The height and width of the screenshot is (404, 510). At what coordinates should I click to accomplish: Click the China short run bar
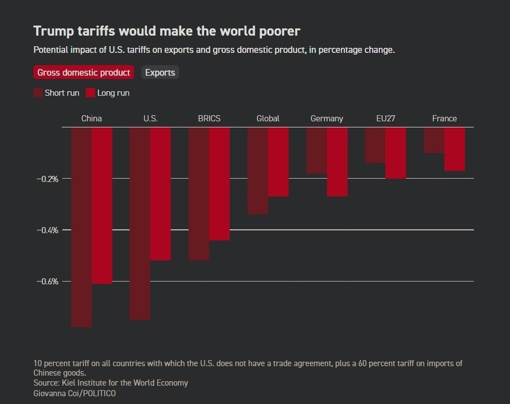tap(81, 226)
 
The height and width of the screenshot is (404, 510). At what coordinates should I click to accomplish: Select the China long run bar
tap(102, 205)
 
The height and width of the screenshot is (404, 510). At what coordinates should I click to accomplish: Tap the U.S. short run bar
tap(140, 223)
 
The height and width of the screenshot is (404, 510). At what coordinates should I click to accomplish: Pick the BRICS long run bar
tap(219, 184)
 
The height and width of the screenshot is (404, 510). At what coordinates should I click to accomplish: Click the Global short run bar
tap(258, 170)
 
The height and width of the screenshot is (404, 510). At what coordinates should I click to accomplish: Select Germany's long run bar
tap(337, 161)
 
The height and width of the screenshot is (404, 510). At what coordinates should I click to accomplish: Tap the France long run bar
tap(454, 149)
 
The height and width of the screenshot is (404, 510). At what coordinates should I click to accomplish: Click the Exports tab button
tap(160, 72)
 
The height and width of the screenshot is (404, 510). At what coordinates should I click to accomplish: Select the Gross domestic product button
tap(83, 72)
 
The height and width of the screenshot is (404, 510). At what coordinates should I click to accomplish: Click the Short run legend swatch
tap(38, 93)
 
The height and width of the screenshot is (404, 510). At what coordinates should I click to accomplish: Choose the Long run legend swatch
tap(91, 93)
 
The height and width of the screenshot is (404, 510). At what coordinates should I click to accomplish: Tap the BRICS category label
tap(209, 119)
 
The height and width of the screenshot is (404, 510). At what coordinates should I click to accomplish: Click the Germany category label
tap(326, 119)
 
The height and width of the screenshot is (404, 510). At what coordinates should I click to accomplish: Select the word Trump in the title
tap(52, 31)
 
